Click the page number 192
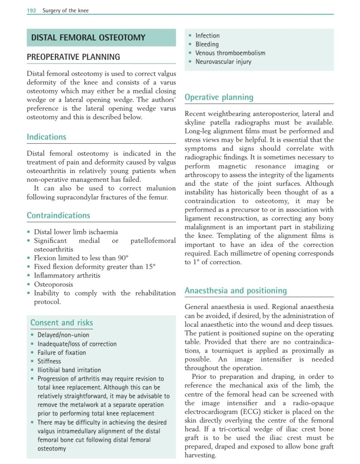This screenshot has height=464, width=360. coord(32,10)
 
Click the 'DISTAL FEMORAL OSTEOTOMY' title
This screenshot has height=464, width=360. coord(88,38)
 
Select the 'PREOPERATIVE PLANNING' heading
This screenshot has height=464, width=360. coord(73,57)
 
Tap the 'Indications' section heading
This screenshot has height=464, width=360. coord(46,137)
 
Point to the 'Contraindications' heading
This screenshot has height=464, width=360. coord(58,215)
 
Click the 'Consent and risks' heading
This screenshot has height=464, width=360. coord(62,323)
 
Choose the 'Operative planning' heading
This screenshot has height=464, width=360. coord(219,97)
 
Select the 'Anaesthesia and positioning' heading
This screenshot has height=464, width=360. coord(235,290)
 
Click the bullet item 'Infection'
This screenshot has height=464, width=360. coord(207,36)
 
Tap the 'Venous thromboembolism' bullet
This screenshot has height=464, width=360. coord(230,53)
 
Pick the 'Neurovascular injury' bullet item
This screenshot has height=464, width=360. coord(223,62)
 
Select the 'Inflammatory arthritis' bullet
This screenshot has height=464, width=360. coord(67,275)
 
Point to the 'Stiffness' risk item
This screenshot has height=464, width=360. coord(49,361)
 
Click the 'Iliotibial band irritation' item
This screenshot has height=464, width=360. coord(69,370)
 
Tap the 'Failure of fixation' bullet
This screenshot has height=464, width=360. coord(62,353)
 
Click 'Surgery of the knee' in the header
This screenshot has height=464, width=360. coord(66,10)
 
